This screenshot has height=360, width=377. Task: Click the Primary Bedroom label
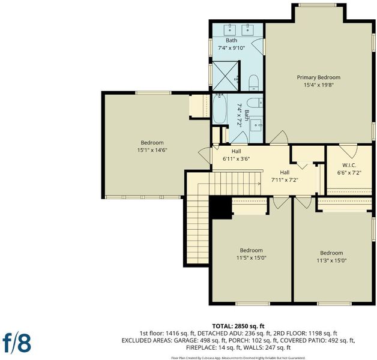click(319, 77)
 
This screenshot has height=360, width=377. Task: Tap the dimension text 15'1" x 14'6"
click(152, 150)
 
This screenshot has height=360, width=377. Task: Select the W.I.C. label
click(349, 166)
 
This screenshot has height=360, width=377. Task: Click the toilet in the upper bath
click(253, 82)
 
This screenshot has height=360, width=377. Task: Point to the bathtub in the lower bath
click(220, 109)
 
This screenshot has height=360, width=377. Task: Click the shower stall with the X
click(225, 76)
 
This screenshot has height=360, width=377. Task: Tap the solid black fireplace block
click(220, 207)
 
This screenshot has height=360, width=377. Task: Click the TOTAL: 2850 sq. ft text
click(238, 326)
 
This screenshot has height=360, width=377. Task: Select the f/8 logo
click(17, 343)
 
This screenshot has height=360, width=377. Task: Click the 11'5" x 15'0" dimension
click(252, 258)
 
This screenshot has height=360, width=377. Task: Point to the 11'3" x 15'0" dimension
click(331, 260)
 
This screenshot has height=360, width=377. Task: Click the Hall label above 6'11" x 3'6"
click(237, 151)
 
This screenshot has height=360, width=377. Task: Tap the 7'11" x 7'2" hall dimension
click(285, 180)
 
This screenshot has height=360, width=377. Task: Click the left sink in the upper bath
click(230, 30)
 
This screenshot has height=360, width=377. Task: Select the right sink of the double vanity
click(247, 30)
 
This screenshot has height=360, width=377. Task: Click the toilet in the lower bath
click(255, 103)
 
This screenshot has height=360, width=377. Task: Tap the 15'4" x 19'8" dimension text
click(319, 85)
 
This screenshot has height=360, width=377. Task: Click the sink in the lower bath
click(256, 125)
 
